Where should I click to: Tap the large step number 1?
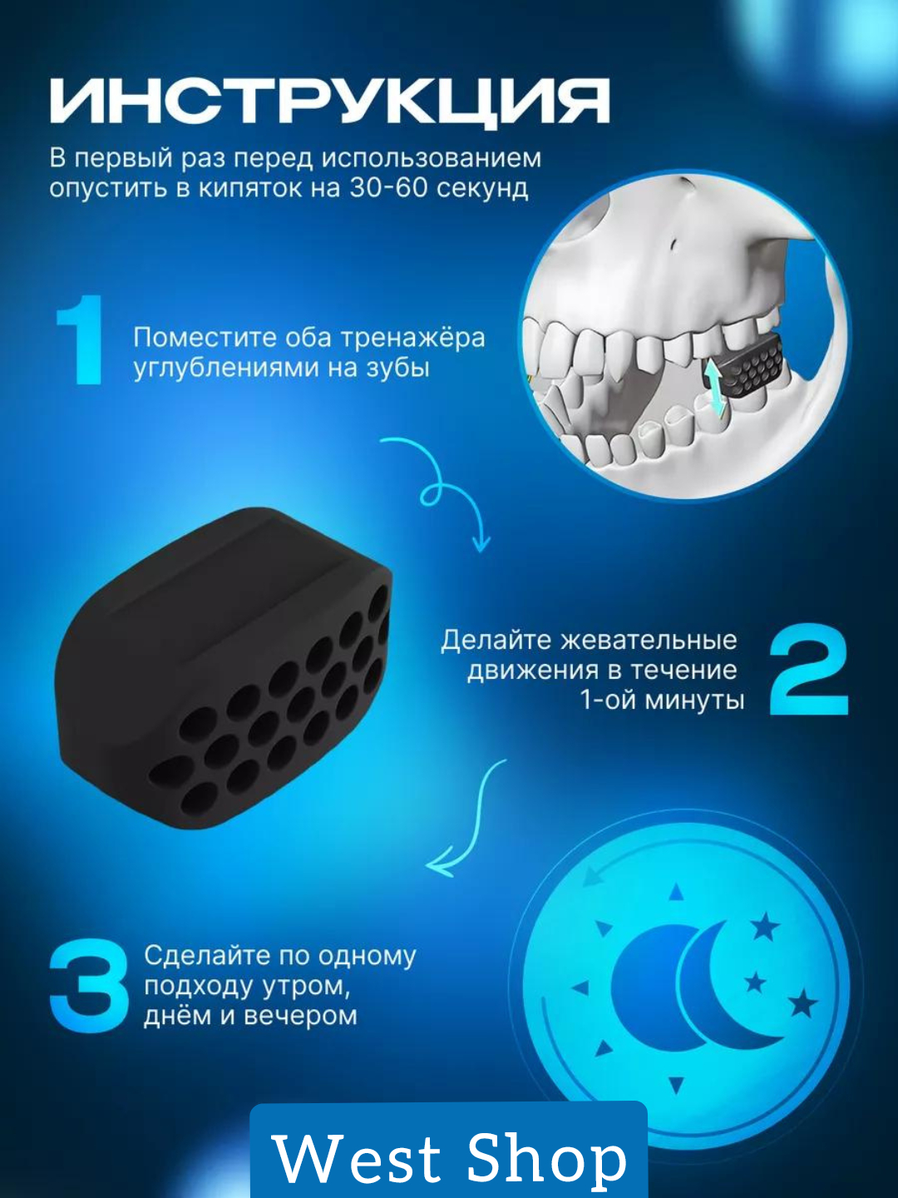(x=81, y=339)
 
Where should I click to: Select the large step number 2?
(x=809, y=669)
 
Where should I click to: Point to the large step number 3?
(x=90, y=987)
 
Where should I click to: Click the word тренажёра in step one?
(x=412, y=339)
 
